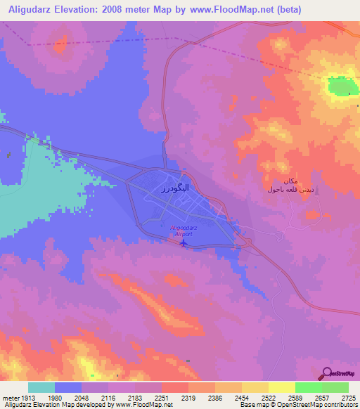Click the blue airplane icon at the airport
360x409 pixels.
[x=184, y=243]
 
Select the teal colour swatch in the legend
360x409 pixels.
[x=41, y=387]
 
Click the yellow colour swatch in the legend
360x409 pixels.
[x=282, y=387]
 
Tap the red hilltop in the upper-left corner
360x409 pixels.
[x=58, y=48]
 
